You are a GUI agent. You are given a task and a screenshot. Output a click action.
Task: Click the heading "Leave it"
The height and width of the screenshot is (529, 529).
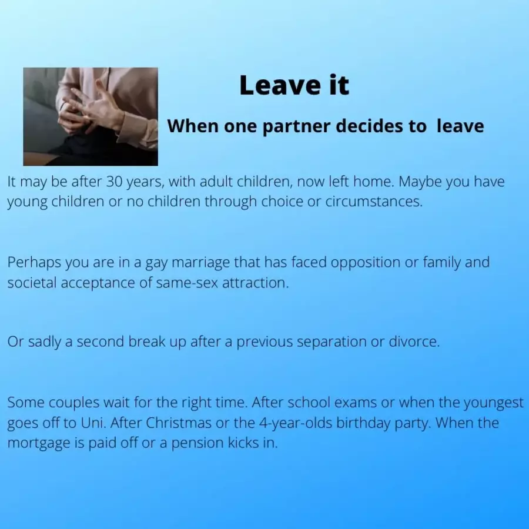point(294,85)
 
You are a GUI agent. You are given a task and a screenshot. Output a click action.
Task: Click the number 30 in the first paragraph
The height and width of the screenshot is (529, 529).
point(114,182)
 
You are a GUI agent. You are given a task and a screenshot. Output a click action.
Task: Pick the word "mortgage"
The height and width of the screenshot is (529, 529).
point(38,444)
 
